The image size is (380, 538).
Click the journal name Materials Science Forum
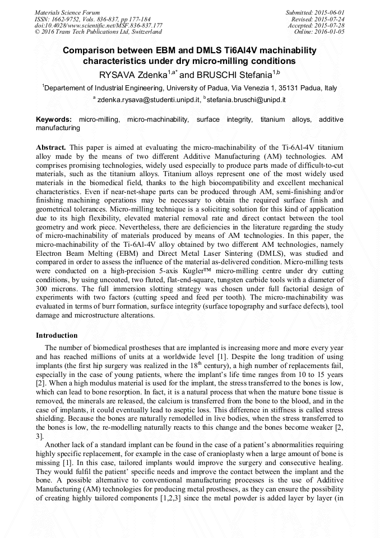click(67, 12)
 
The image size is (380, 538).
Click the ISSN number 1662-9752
click(73, 19)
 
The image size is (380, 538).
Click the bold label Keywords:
click(54, 120)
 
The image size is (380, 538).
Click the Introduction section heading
click(57, 335)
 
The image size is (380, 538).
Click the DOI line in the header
click(99, 25)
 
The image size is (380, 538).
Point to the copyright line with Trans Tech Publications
click(98, 32)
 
